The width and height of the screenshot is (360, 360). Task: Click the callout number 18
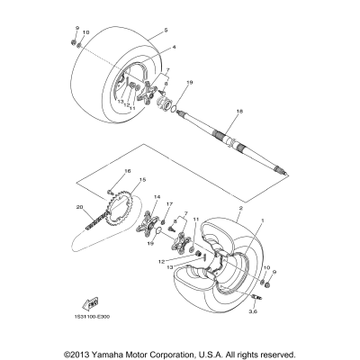tap(213, 111)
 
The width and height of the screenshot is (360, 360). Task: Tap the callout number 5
tap(166, 30)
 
